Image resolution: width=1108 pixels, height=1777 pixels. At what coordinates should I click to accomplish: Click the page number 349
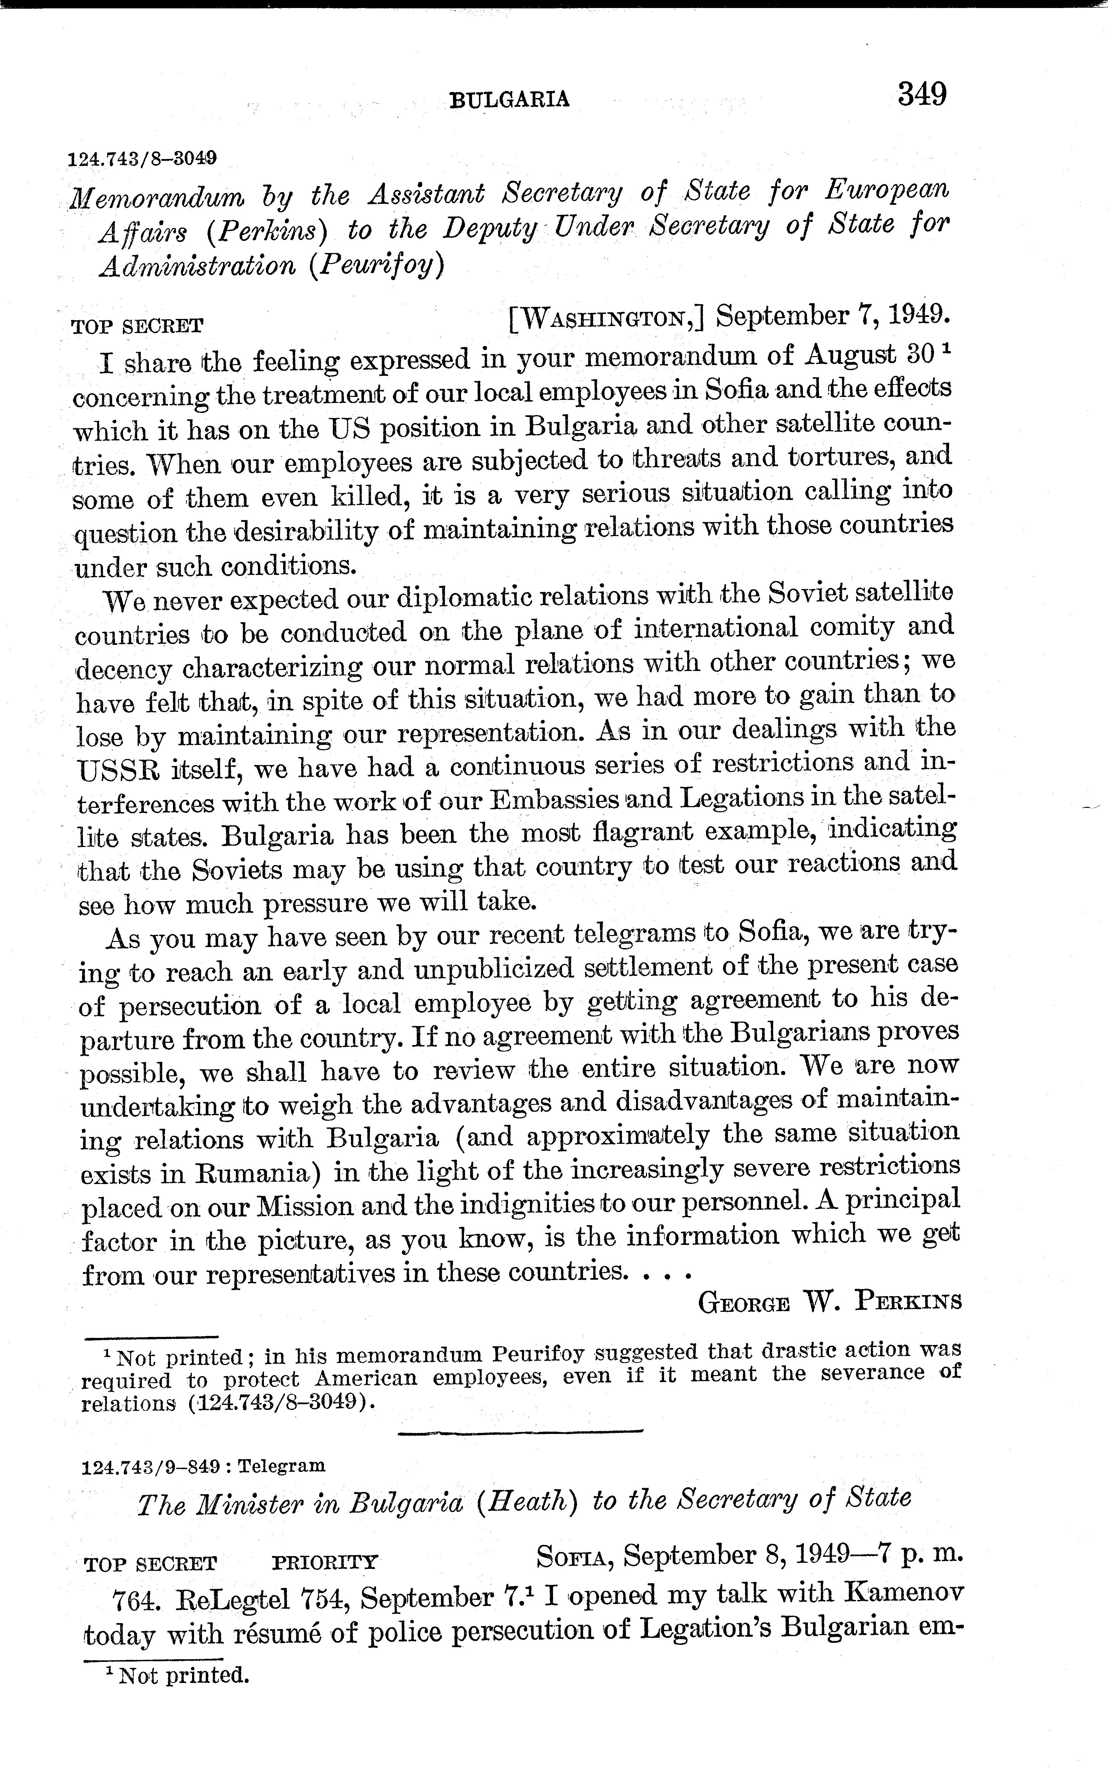point(922,95)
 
